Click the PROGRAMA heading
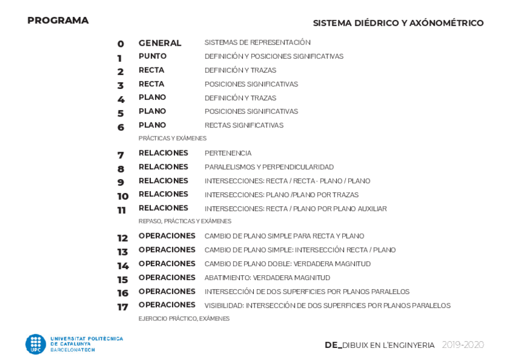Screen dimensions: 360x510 click(58, 20)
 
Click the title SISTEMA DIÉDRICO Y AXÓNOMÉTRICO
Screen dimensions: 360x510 click(398, 23)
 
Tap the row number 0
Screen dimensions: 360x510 click(120, 44)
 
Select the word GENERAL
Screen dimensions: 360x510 click(159, 43)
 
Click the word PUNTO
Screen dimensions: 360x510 click(152, 56)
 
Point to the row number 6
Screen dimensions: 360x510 click(120, 127)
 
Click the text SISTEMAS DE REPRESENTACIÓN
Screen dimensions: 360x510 click(257, 43)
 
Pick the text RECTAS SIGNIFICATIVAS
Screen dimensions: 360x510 click(244, 126)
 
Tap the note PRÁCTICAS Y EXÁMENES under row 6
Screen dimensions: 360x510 click(172, 138)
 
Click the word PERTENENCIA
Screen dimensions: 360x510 click(228, 153)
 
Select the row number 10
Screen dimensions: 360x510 click(123, 197)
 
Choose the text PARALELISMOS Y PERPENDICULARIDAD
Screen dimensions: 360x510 click(269, 167)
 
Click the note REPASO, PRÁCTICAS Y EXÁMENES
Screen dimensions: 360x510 click(185, 221)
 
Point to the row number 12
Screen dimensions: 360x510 click(123, 238)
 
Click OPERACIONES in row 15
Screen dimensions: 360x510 click(167, 278)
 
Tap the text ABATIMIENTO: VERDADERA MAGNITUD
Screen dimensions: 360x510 click(267, 278)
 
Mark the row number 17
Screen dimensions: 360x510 click(123, 307)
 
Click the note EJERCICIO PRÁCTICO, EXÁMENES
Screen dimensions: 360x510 click(183, 319)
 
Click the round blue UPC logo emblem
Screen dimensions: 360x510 click(35, 344)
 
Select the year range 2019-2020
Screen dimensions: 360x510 click(462, 345)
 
